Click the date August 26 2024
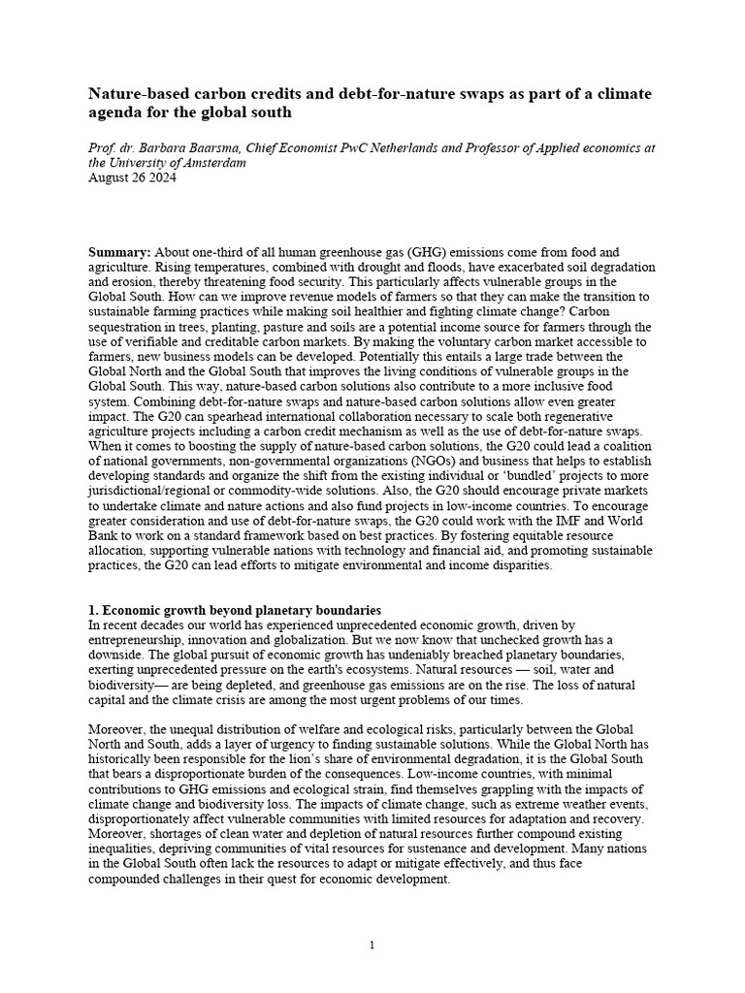click(x=128, y=177)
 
